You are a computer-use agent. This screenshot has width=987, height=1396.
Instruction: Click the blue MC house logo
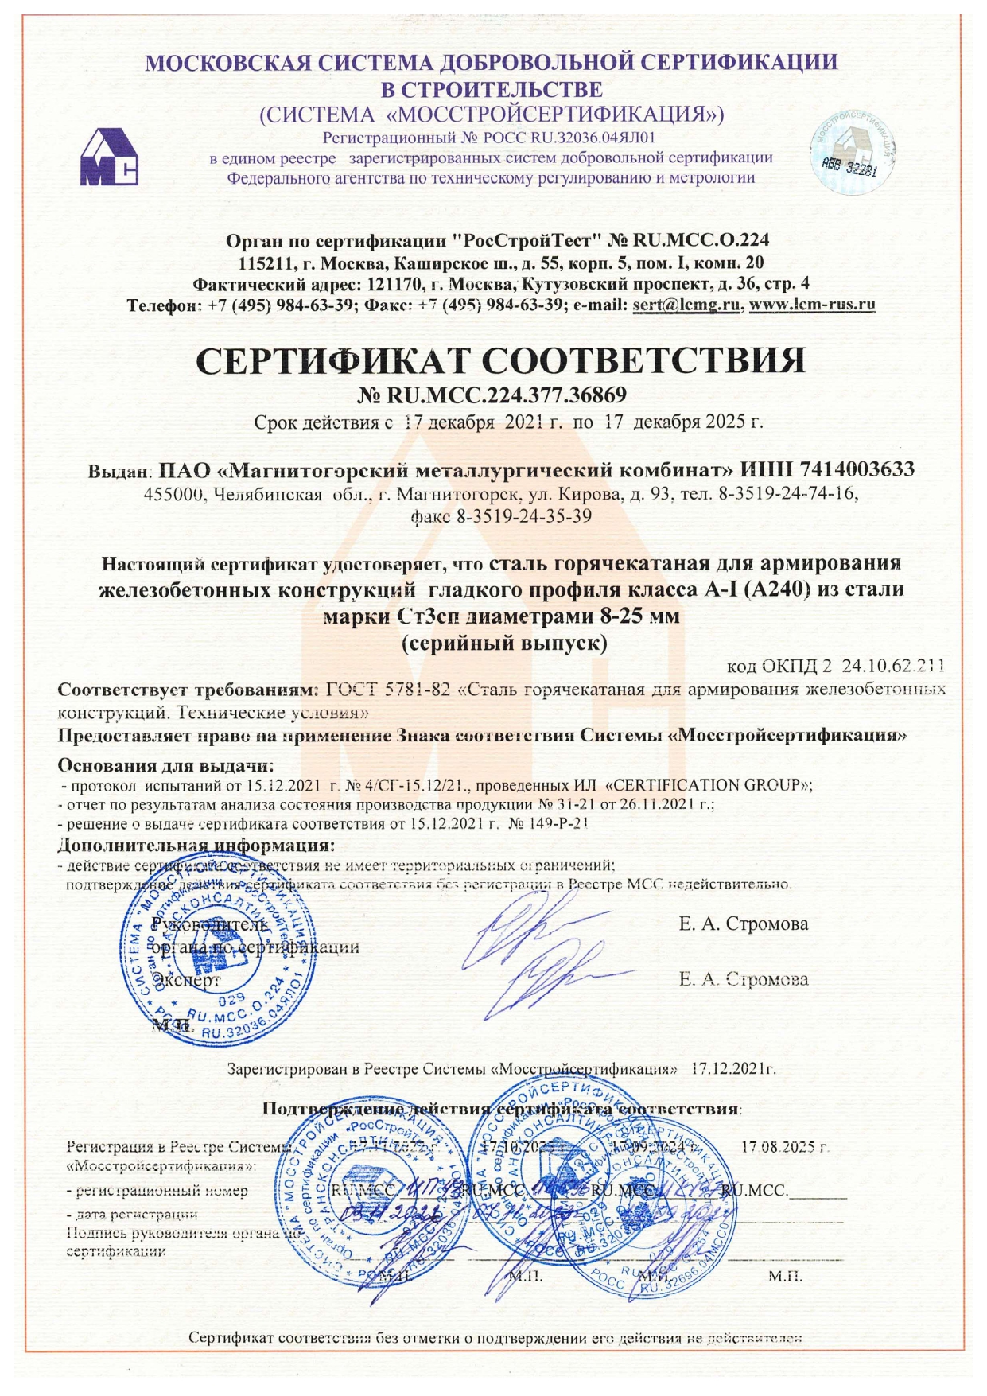tap(109, 157)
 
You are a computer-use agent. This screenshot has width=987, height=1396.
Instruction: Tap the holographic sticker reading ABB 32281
tap(853, 153)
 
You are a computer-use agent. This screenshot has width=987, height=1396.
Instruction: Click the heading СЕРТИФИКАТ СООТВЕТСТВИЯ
tap(500, 361)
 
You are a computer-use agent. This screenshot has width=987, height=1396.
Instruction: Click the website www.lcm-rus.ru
tap(812, 305)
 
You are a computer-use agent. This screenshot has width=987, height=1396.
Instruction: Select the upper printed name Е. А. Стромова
tap(744, 924)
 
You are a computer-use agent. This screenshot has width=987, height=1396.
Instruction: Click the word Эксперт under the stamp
tap(189, 980)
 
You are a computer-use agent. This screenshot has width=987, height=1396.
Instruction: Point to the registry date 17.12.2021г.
tap(733, 1068)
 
